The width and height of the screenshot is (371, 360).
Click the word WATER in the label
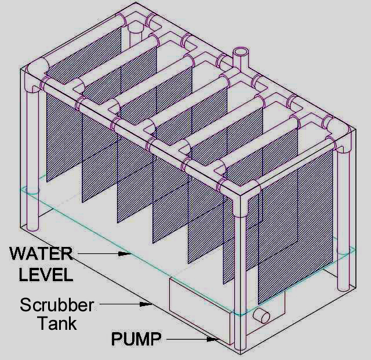click(x=41, y=253)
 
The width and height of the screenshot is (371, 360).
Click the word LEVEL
click(x=46, y=275)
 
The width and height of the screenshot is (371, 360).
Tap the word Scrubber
click(x=57, y=305)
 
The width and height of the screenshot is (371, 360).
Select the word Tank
click(x=57, y=323)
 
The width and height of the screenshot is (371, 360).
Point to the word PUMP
click(x=136, y=339)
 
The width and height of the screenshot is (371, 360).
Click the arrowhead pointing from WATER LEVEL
click(x=125, y=254)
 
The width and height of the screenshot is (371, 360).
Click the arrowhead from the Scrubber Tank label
click(x=146, y=304)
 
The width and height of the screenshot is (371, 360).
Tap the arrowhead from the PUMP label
click(x=212, y=339)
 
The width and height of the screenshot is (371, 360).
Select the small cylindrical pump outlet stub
click(x=261, y=316)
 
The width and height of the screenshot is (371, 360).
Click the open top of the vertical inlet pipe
click(x=241, y=52)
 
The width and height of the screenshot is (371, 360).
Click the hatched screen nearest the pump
click(x=296, y=227)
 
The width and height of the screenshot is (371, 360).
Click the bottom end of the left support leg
click(x=32, y=228)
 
